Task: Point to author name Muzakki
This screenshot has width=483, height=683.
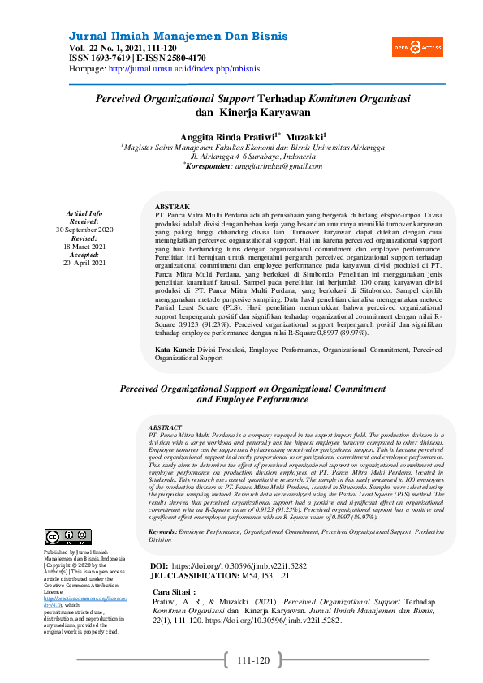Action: tap(305, 136)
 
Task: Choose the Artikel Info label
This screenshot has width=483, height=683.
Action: tap(84, 213)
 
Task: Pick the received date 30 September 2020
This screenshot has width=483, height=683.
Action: tap(84, 230)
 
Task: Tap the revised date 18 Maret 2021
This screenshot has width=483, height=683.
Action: tap(84, 247)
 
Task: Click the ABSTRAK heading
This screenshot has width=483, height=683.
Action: tap(172, 207)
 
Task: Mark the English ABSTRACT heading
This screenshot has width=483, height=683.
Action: tap(165, 427)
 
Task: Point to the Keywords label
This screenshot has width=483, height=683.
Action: tap(163, 531)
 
